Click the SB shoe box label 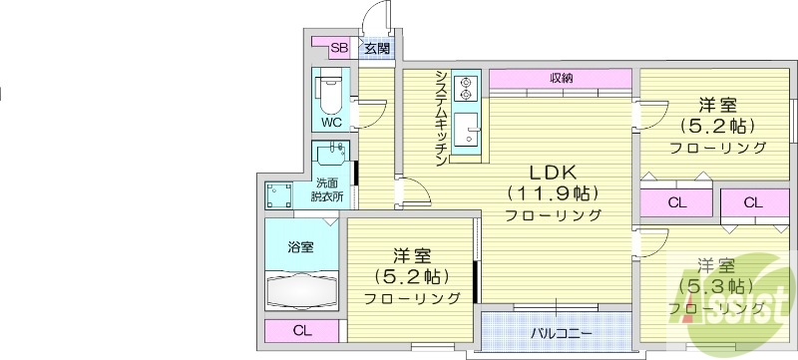[338, 47]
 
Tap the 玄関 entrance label [375, 47]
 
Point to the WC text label [331, 122]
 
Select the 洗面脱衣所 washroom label [329, 189]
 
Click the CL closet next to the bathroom [301, 331]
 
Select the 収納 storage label [560, 78]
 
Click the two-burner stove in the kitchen [465, 89]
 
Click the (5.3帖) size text [716, 286]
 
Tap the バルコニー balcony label [561, 331]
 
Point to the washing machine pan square [279, 194]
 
